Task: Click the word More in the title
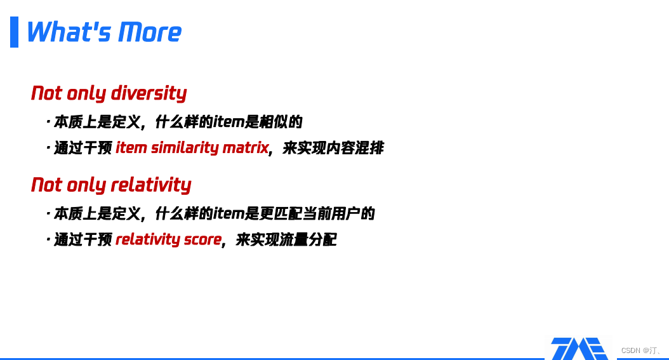pyautogui.click(x=150, y=32)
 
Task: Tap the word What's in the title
pyautogui.click(x=70, y=32)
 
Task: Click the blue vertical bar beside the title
pyautogui.click(x=14, y=32)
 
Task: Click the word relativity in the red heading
pyautogui.click(x=151, y=185)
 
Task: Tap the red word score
pyautogui.click(x=202, y=240)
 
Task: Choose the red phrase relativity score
pyautogui.click(x=169, y=240)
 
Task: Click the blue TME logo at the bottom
pyautogui.click(x=580, y=349)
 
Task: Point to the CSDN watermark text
pyautogui.click(x=640, y=350)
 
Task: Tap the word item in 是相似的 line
pyautogui.click(x=229, y=122)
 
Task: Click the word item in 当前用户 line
pyautogui.click(x=229, y=214)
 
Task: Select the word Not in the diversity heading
pyautogui.click(x=46, y=93)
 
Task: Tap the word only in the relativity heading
pyautogui.click(x=86, y=185)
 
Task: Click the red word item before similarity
pyautogui.click(x=131, y=148)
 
